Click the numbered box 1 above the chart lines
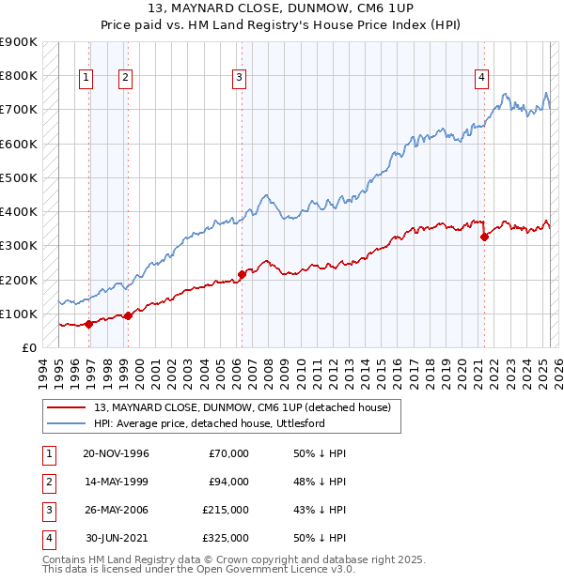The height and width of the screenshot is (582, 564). tap(86, 79)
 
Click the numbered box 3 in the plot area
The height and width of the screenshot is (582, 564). tap(240, 79)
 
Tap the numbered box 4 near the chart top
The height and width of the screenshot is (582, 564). tap(481, 79)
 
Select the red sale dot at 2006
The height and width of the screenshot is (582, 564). tap(242, 275)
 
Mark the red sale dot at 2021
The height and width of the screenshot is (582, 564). tap(485, 237)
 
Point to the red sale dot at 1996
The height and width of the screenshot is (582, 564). tap(88, 324)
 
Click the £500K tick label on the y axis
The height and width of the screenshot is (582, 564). tap(19, 177)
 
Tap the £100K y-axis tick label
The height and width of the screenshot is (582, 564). tap(19, 314)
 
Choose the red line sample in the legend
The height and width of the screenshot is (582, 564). tap(66, 407)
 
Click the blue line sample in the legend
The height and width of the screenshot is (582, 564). tap(66, 423)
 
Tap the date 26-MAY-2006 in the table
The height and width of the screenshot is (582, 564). tap(116, 510)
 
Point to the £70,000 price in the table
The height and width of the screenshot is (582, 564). tap(228, 453)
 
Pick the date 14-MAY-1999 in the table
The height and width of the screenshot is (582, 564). tap(116, 482)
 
